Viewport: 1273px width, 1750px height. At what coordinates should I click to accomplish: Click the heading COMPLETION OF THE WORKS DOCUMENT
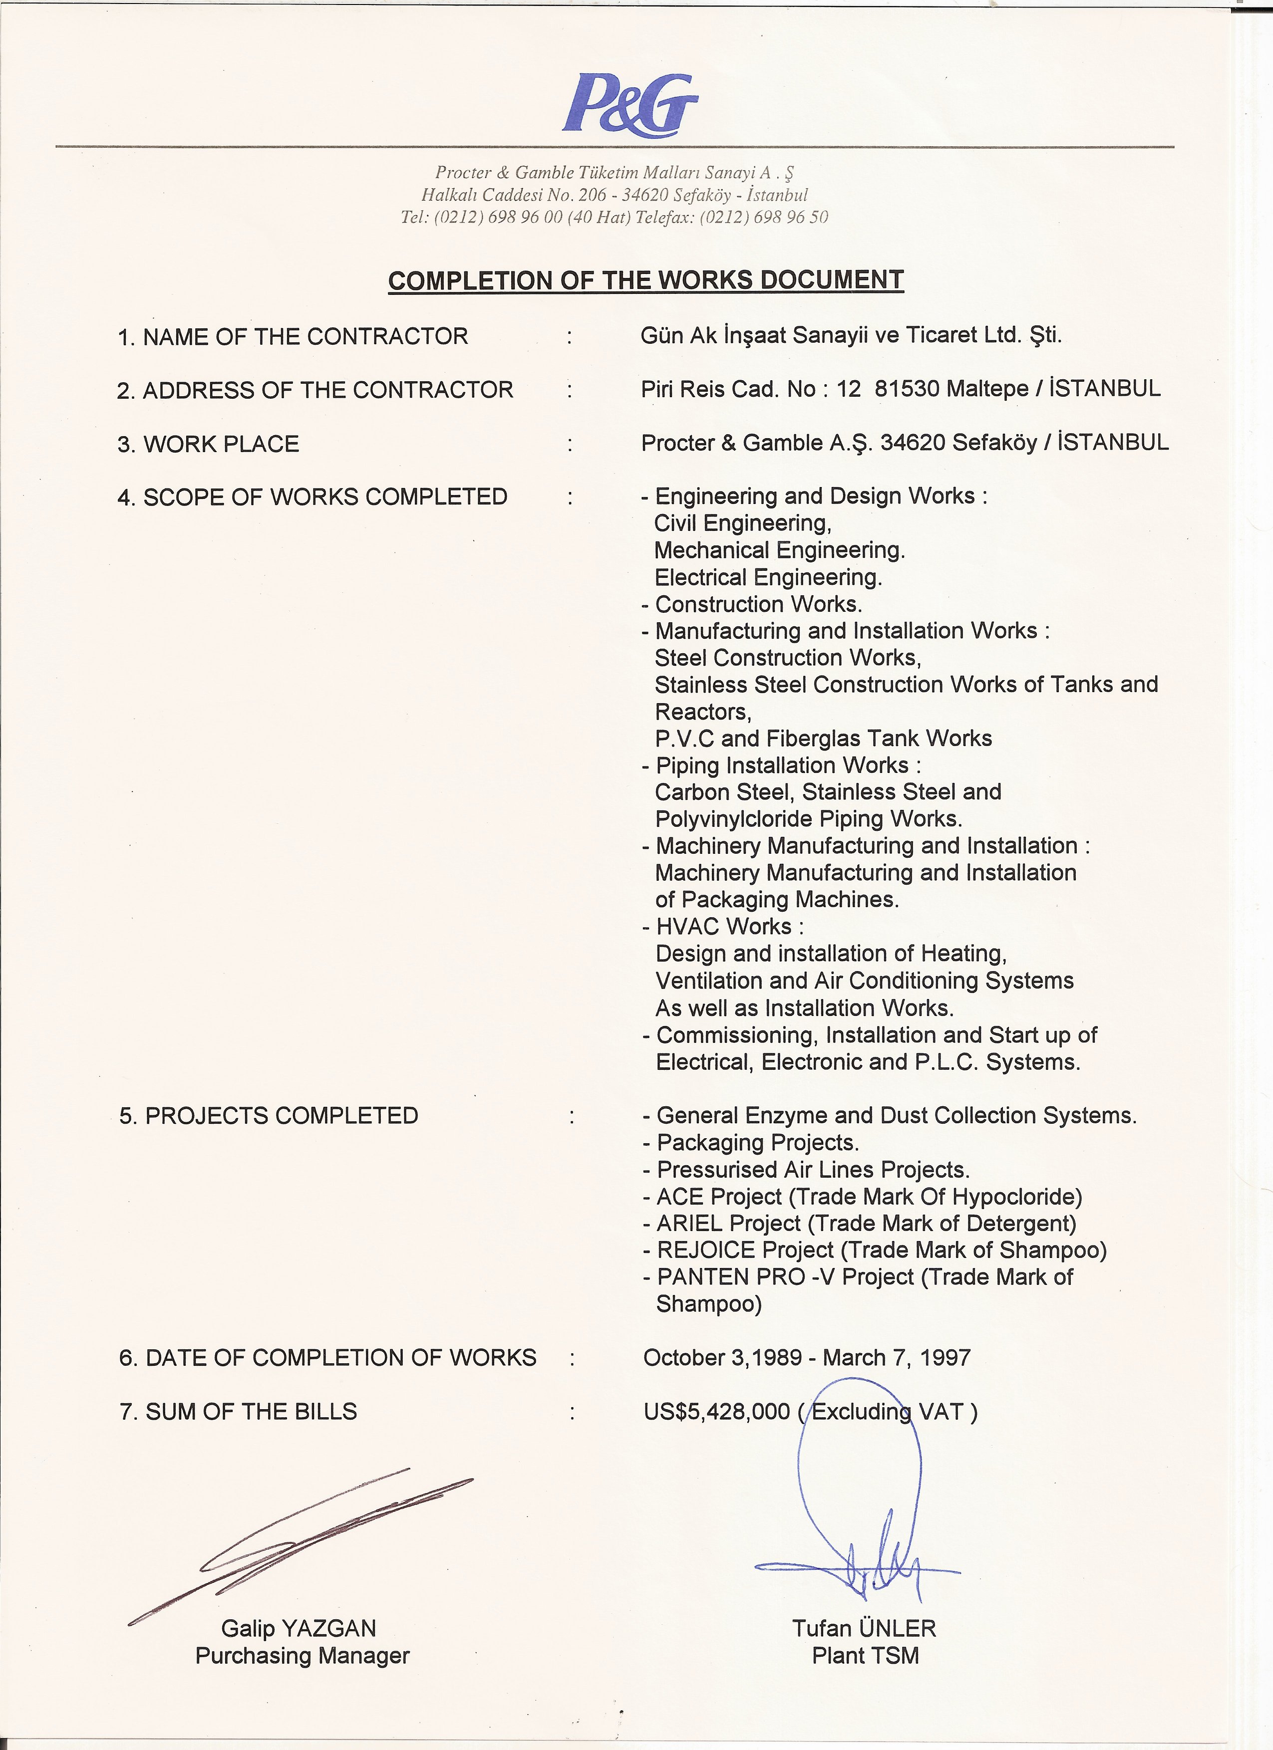pos(645,280)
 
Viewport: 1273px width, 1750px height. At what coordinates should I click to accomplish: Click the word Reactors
pos(702,712)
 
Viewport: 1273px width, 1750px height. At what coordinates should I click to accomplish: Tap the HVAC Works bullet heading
pos(729,926)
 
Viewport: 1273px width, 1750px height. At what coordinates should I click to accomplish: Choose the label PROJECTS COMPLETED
pos(281,1116)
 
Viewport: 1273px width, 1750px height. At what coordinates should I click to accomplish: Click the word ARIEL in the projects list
pos(689,1223)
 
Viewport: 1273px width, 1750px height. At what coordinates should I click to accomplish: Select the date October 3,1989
pos(722,1357)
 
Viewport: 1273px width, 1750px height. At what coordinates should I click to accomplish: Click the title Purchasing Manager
pos(302,1655)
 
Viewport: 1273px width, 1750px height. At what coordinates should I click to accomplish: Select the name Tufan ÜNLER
pos(864,1628)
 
